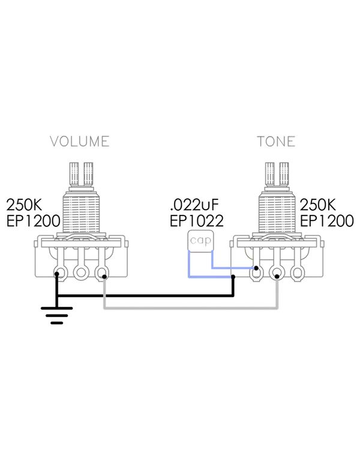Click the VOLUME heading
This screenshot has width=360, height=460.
pyautogui.click(x=80, y=141)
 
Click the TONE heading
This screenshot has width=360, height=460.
pyautogui.click(x=276, y=141)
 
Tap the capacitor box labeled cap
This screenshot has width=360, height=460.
pyautogui.click(x=200, y=241)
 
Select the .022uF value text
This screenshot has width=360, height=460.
pyautogui.click(x=194, y=205)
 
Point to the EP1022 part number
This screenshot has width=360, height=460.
pyautogui.click(x=197, y=221)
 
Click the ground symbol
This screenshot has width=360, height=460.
pyautogui.click(x=57, y=315)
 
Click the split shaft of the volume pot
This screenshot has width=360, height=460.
pyautogui.click(x=82, y=174)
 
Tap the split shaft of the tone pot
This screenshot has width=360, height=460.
pyautogui.click(x=277, y=174)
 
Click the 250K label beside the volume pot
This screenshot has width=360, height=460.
pyautogui.click(x=25, y=205)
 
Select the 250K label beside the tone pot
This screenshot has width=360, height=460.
pyautogui.click(x=318, y=205)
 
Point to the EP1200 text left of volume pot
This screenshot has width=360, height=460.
pyautogui.click(x=33, y=221)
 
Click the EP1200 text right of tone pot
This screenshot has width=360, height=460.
pyautogui.click(x=327, y=221)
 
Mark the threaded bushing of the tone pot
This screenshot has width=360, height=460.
pyautogui.click(x=277, y=212)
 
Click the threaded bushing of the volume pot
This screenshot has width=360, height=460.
pyautogui.click(x=82, y=212)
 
